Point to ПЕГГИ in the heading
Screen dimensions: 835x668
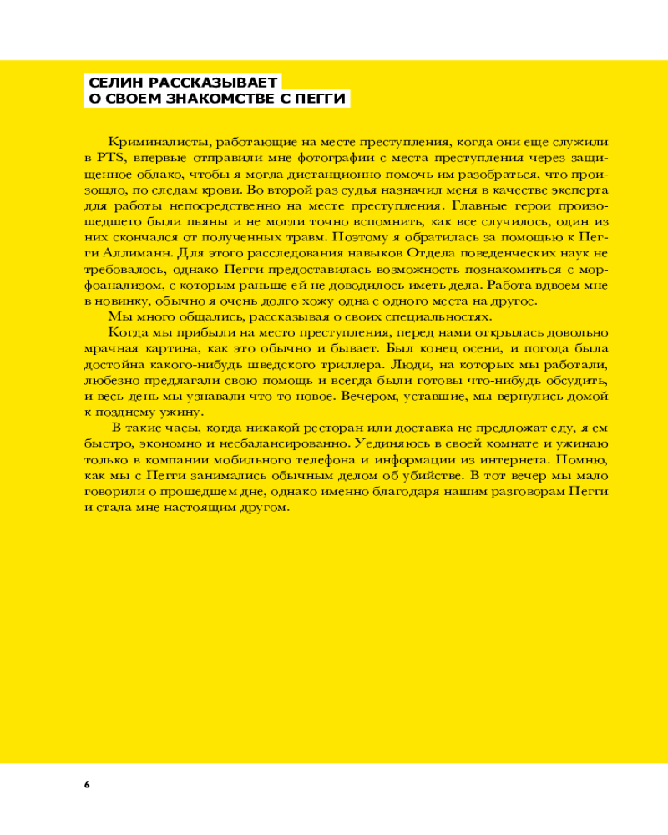[321, 99]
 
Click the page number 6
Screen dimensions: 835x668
[86, 784]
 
